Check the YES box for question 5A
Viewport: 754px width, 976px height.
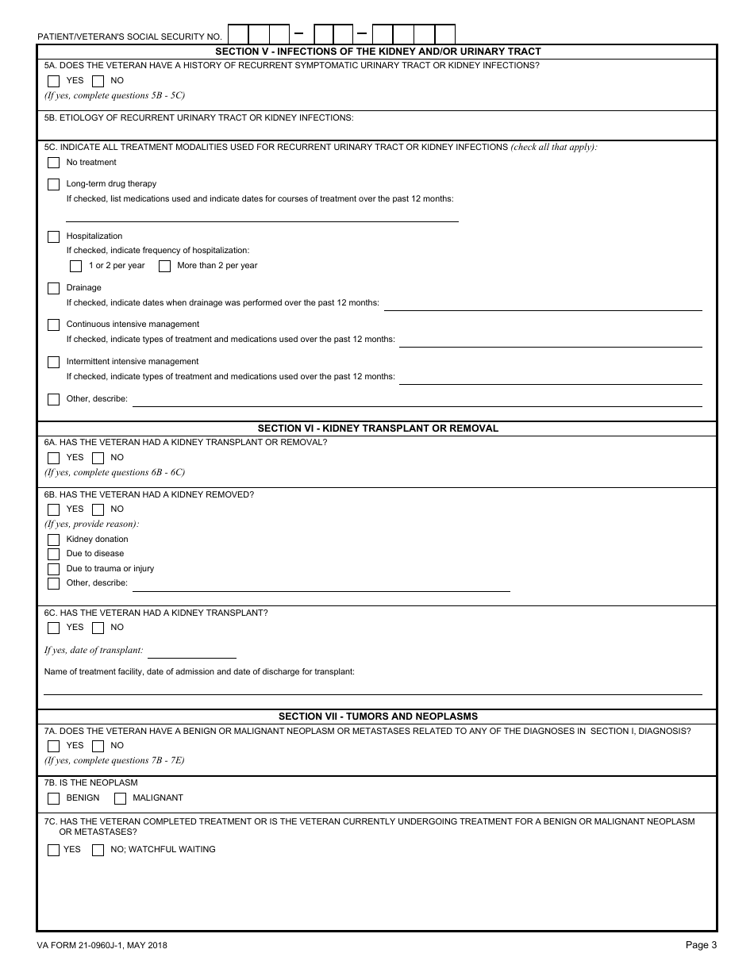(x=53, y=81)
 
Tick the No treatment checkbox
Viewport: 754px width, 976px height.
(x=53, y=163)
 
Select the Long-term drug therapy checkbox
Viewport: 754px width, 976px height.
(x=53, y=184)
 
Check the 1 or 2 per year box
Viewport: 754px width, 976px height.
(x=75, y=266)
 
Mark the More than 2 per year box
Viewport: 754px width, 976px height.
(x=164, y=266)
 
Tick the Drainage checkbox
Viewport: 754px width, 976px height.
(x=53, y=288)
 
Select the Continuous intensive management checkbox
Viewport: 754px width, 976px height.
(x=53, y=325)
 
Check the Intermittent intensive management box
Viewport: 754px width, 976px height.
(x=53, y=362)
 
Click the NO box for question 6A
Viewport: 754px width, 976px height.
(x=98, y=458)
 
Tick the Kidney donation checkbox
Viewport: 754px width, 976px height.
(x=53, y=540)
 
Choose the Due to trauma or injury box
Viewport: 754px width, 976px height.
(x=53, y=569)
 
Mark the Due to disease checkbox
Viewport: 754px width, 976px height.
(x=53, y=554)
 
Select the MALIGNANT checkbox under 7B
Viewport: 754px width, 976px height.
(x=120, y=798)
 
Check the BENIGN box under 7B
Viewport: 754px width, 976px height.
(x=53, y=798)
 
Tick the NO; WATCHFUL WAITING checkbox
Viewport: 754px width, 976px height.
(x=98, y=850)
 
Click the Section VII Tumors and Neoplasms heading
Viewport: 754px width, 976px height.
(x=378, y=716)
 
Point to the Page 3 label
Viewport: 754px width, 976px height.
(x=701, y=944)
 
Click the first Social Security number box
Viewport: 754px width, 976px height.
(x=238, y=34)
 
